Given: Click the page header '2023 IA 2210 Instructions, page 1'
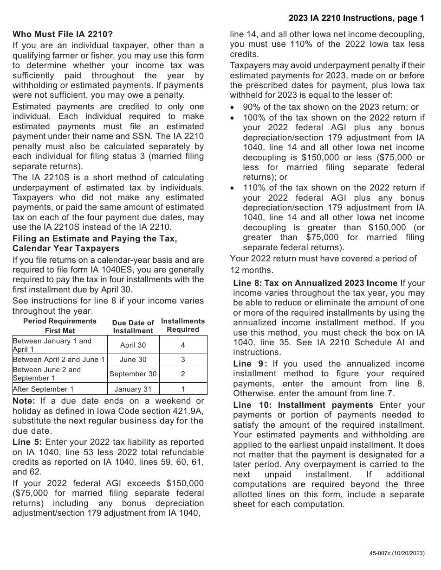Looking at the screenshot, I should tap(356, 19).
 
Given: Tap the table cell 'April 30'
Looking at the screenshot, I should tap(133, 345).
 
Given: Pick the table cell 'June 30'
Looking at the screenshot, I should tap(133, 360).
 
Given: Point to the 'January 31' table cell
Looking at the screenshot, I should tap(133, 389).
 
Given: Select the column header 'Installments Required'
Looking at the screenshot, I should tap(183, 325).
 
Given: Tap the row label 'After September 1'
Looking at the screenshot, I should tap(43, 389).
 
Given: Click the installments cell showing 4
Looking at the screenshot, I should tap(183, 345).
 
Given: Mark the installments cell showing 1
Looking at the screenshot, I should tap(183, 389).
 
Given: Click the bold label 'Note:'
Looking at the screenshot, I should tap(24, 401).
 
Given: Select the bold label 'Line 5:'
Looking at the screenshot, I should tap(27, 442).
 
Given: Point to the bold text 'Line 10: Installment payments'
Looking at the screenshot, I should tap(303, 405).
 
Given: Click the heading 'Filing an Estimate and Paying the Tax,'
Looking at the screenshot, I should tap(95, 239).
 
